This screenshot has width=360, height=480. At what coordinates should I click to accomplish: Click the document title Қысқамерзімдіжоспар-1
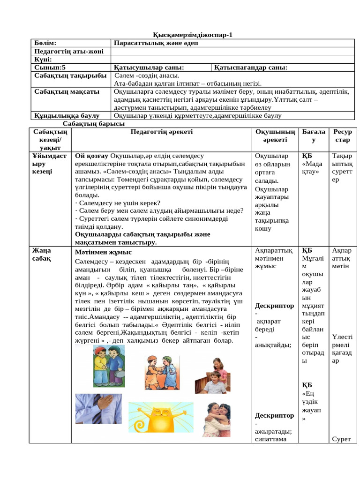(193, 35)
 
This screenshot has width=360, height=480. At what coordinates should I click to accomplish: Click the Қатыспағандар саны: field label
(251, 67)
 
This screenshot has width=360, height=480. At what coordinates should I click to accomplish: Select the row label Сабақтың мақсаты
(67, 91)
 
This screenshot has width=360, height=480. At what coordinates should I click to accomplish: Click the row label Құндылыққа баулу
(67, 115)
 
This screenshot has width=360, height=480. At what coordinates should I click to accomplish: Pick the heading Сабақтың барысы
(94, 124)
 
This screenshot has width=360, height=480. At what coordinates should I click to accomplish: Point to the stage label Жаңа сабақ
(42, 254)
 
